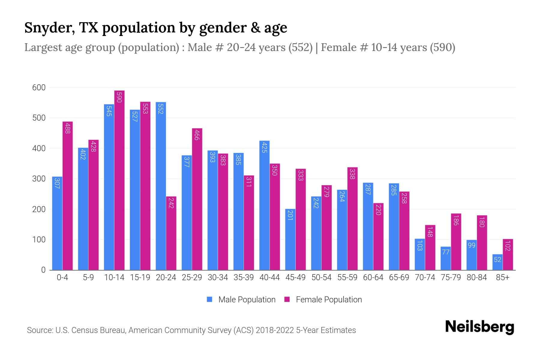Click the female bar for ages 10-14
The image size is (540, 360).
point(119,180)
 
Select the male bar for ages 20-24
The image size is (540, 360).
point(161,186)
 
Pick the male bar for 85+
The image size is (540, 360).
point(497,262)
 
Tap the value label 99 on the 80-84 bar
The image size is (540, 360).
point(471,245)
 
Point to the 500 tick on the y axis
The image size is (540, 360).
point(39,118)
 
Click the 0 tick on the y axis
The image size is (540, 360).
point(43,270)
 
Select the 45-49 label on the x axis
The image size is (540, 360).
point(295,277)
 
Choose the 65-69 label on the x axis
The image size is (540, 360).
point(399,277)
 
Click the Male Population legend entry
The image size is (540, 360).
point(247,300)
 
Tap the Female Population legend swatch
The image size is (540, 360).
point(287,299)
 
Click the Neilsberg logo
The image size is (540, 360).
point(479,327)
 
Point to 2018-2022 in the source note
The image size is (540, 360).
point(275,330)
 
